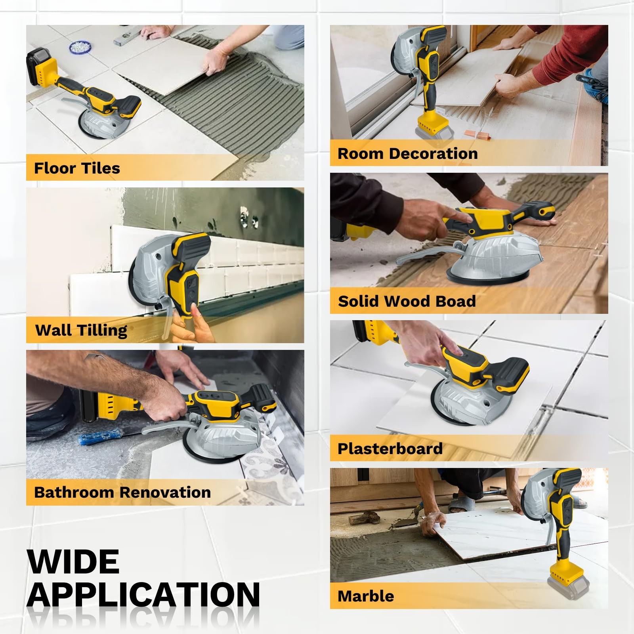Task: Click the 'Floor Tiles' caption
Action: pos(77,168)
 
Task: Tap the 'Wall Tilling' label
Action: pos(81,330)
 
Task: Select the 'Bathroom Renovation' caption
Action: pos(122,492)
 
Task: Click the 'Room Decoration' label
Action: pos(407,153)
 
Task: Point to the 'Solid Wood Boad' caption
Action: pos(407,301)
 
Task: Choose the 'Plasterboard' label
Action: pos(390,449)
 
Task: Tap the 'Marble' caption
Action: pos(365,596)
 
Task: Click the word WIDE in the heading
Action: pos(73,561)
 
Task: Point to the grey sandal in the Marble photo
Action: pos(462,504)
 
